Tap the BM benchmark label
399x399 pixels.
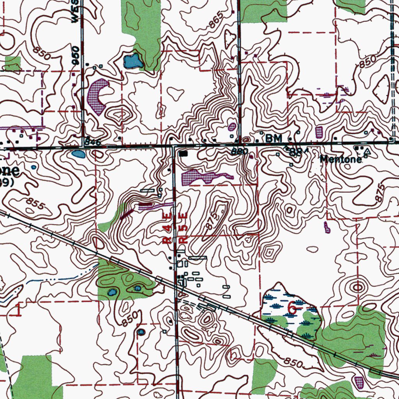(x=272, y=138)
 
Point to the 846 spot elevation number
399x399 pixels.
(x=93, y=142)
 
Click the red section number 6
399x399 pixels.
(x=291, y=308)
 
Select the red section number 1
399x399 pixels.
(x=19, y=310)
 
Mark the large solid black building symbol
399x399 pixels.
(x=184, y=154)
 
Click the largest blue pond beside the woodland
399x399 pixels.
(x=132, y=61)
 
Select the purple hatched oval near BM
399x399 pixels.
(x=232, y=127)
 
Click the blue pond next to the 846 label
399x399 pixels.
(x=78, y=154)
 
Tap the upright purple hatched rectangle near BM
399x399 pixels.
(x=319, y=132)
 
